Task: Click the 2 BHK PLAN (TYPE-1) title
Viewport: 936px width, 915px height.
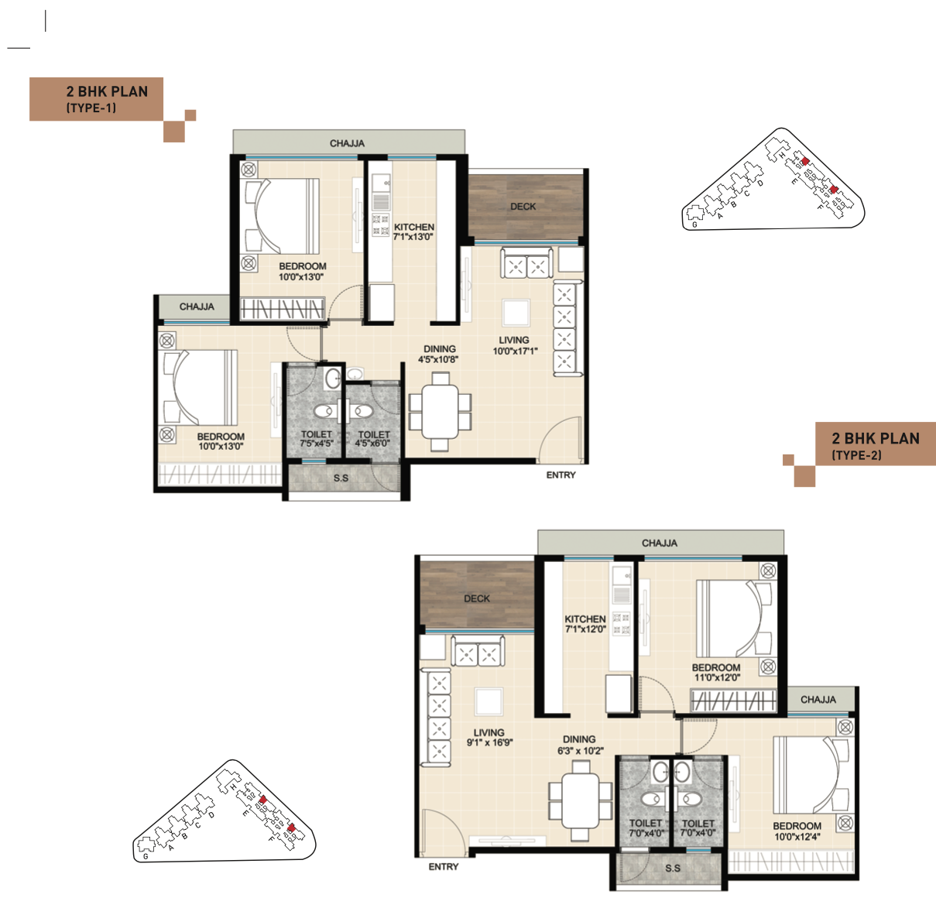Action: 107,99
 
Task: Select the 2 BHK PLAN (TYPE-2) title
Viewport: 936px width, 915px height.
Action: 876,446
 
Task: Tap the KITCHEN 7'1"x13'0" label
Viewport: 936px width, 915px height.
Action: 413,231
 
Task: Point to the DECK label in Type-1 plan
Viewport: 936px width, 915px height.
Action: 523,206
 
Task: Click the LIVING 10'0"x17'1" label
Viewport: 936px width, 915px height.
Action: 515,345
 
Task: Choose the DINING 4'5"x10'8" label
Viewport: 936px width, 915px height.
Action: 438,354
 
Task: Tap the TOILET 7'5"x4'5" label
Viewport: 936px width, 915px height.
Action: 317,439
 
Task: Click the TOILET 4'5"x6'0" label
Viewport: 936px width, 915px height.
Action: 373,439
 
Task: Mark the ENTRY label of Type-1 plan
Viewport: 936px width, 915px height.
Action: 561,475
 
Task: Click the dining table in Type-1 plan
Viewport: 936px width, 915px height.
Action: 440,412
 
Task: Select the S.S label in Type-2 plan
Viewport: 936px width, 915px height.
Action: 673,868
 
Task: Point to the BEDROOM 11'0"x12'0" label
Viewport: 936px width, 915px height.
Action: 716,672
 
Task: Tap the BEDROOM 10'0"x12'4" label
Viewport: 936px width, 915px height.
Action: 797,831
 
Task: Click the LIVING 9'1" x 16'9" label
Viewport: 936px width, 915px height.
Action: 489,738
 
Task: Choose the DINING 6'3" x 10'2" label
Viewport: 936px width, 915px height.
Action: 580,745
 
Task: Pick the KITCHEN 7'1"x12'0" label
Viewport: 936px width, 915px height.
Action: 585,624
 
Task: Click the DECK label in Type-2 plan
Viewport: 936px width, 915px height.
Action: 477,598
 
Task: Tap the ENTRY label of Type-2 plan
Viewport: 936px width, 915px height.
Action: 444,867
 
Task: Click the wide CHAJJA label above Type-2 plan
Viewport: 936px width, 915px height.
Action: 660,543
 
